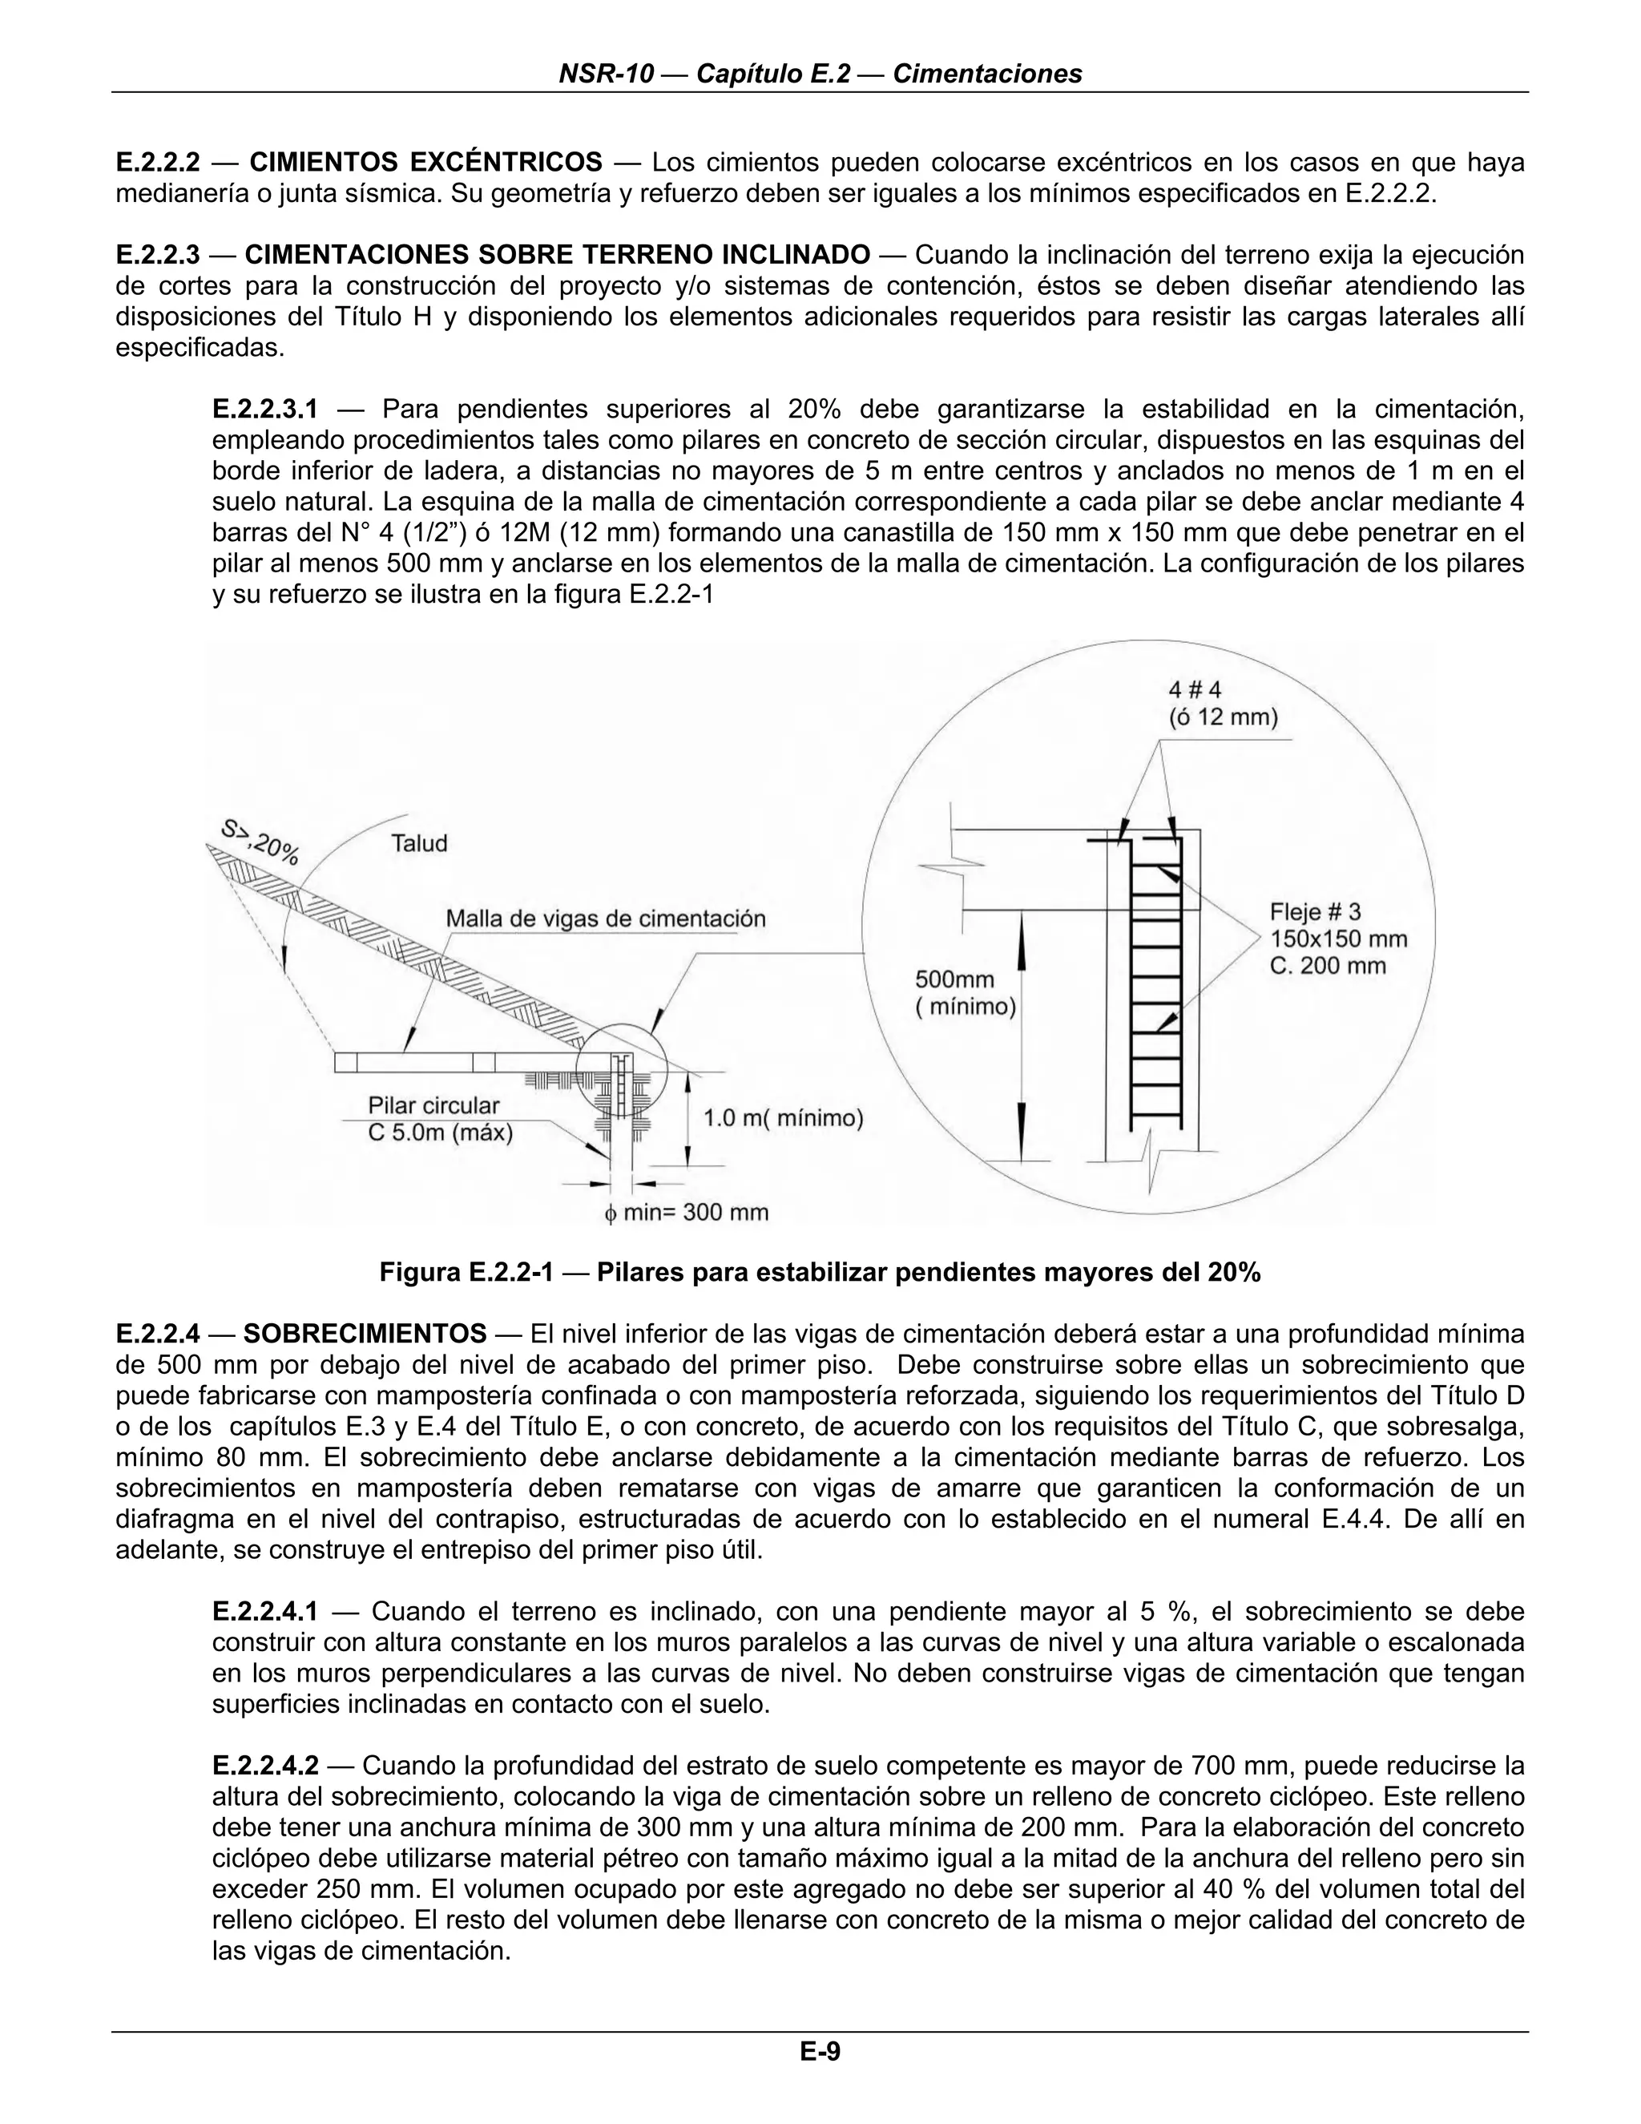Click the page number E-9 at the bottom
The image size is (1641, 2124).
(x=820, y=2052)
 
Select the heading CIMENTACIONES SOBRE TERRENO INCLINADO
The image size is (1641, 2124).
(x=557, y=255)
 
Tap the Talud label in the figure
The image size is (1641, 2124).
(x=419, y=843)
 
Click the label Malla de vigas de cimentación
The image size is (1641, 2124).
(x=605, y=918)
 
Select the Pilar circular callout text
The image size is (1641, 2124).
(x=433, y=1106)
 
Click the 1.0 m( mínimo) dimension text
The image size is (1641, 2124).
(x=783, y=1118)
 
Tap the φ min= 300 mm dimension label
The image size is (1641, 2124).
(x=687, y=1213)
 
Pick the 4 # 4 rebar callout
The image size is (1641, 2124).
(x=1194, y=689)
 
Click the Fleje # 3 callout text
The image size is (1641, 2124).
(x=1316, y=911)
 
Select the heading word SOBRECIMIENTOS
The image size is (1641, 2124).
(x=365, y=1332)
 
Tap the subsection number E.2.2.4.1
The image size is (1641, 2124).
(x=264, y=1612)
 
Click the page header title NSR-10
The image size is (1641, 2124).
(x=606, y=74)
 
